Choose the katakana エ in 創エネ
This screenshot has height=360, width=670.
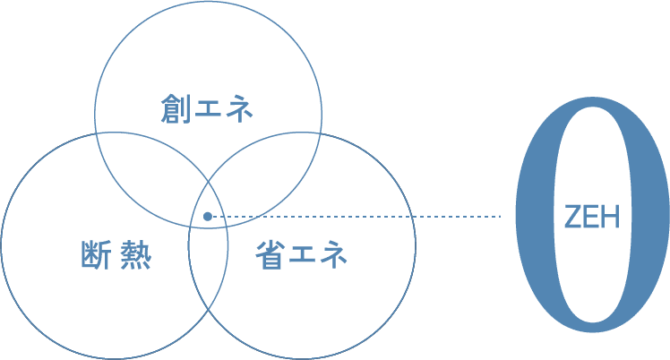(x=207, y=109)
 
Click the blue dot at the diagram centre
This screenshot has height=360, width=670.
(x=208, y=216)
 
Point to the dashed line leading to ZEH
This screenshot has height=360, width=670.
(x=358, y=216)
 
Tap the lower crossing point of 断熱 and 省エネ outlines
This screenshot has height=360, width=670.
(x=209, y=310)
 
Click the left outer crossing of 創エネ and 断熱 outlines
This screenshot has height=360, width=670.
(x=96, y=134)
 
